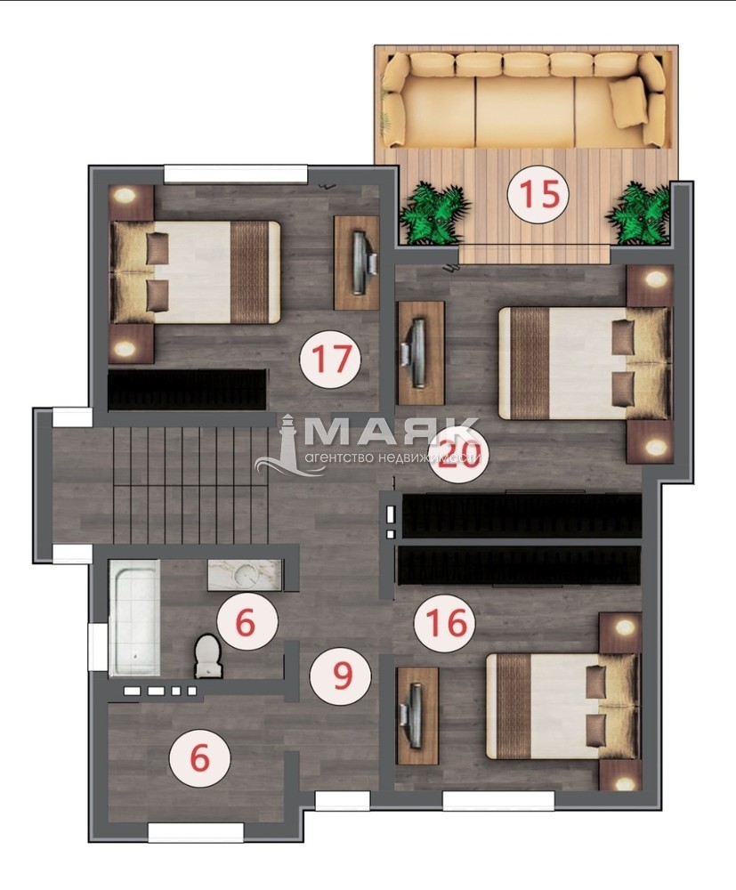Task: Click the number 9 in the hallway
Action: [x=342, y=675]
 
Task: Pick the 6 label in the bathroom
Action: [x=246, y=622]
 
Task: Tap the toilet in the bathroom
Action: [x=208, y=656]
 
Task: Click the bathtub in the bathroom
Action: [x=133, y=618]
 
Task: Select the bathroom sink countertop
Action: [x=245, y=575]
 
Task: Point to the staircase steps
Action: [x=190, y=485]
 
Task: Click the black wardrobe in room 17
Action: [x=187, y=390]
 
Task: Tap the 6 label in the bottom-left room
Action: [x=200, y=758]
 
